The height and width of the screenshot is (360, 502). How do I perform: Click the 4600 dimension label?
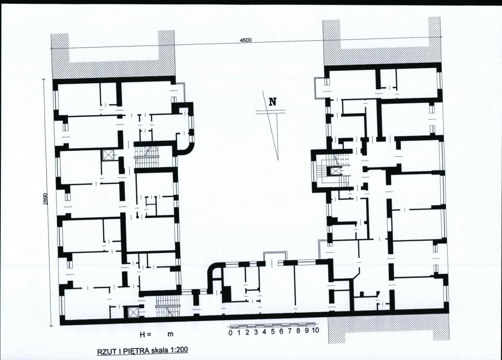point(246,40)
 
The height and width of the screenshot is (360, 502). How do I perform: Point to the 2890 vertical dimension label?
point(46,199)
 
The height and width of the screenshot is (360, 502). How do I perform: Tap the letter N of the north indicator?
point(273,101)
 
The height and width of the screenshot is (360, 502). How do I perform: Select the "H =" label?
point(145,334)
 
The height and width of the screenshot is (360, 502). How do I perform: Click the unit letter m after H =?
point(171,334)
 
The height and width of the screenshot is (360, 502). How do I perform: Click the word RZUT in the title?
point(106,351)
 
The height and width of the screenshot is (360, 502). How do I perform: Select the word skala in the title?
point(159,350)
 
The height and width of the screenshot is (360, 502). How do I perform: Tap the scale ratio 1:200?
point(178,350)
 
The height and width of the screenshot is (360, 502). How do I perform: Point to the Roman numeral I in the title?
point(117,351)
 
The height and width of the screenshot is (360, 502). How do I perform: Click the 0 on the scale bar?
point(231,332)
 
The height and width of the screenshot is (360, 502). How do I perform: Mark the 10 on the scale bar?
point(315,330)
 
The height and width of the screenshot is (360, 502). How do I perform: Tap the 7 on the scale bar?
point(290,331)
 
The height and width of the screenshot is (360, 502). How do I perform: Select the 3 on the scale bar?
point(256,332)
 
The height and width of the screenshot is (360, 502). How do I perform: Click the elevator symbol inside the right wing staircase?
point(335,171)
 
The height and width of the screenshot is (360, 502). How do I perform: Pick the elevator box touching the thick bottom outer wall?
point(132,312)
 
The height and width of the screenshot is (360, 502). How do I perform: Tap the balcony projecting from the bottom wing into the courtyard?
point(275,257)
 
